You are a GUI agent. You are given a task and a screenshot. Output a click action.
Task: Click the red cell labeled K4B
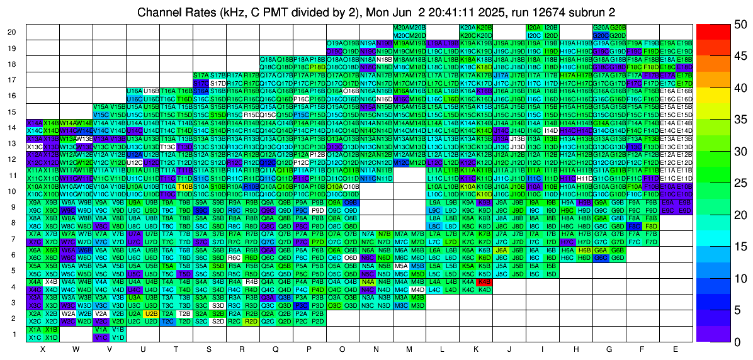[484, 282]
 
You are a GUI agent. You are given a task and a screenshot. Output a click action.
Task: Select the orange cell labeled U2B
[151, 313]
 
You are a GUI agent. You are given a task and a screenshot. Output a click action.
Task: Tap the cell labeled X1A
[35, 329]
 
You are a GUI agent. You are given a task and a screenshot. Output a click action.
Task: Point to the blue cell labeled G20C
[601, 36]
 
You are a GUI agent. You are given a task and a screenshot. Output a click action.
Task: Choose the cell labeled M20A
[399, 28]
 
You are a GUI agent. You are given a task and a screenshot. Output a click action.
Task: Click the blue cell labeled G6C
[601, 257]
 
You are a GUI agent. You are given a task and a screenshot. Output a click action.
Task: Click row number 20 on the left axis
[12, 32]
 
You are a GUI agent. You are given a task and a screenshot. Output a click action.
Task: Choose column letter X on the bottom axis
[43, 349]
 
